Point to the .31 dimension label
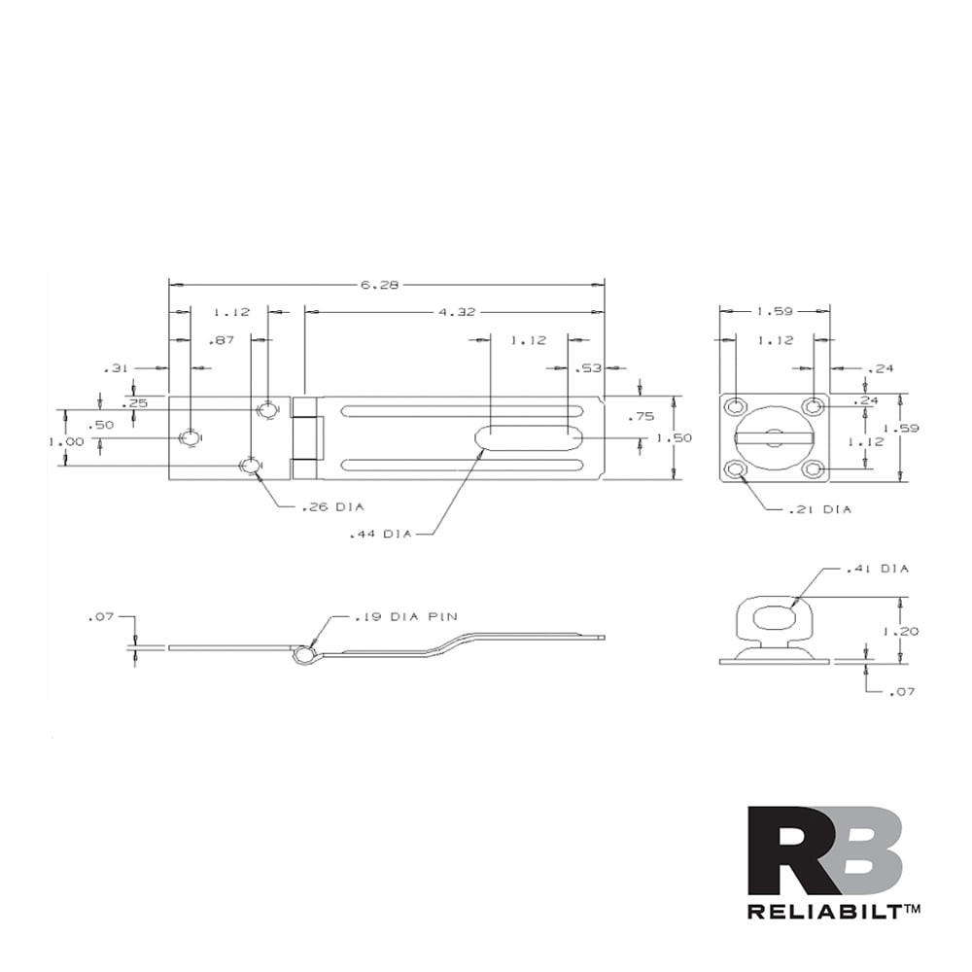[115, 368]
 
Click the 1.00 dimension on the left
[66, 440]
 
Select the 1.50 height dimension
[674, 438]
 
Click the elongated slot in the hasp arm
[529, 439]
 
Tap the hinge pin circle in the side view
[303, 655]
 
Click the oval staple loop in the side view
[775, 618]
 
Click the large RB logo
[824, 850]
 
